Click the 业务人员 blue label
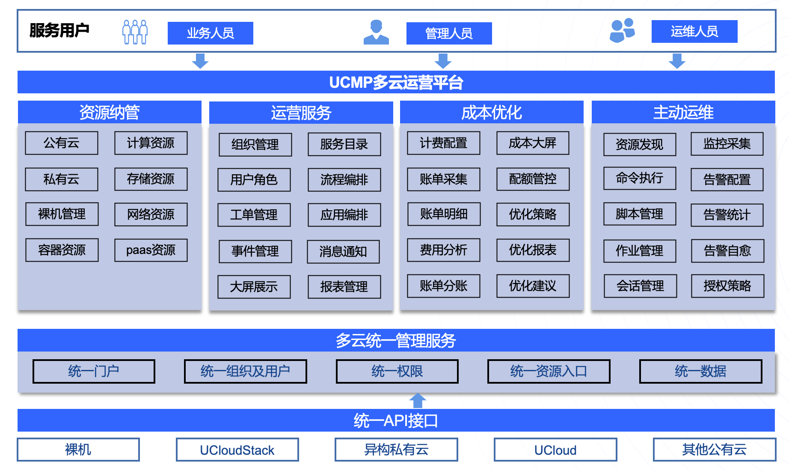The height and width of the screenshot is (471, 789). [210, 33]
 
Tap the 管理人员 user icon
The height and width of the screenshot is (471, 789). [376, 32]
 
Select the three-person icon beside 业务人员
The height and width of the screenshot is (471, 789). [135, 32]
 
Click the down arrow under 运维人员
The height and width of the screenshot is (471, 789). [676, 61]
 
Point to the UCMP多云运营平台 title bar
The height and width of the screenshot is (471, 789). [396, 82]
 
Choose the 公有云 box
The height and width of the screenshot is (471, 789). [62, 143]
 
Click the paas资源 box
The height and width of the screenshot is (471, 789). [151, 250]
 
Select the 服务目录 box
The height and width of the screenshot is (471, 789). [344, 145]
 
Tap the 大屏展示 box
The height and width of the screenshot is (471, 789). [254, 287]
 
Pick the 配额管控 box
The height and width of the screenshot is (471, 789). [533, 179]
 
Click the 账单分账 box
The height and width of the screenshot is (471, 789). [443, 286]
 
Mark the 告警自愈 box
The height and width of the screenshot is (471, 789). [727, 251]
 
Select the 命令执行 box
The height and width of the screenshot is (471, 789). [640, 178]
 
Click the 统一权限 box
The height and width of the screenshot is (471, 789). [397, 371]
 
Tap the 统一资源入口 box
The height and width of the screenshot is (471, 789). [549, 371]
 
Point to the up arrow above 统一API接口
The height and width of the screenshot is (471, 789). [418, 401]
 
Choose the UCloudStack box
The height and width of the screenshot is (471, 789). [237, 450]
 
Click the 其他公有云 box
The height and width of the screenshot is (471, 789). [714, 450]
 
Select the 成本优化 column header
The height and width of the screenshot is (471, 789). [491, 113]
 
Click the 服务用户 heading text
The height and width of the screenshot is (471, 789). [59, 30]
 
